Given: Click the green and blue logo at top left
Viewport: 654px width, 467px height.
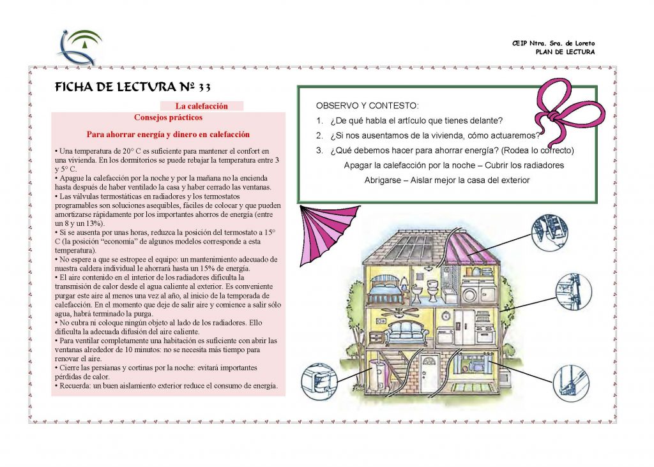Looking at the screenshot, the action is (x=80, y=47).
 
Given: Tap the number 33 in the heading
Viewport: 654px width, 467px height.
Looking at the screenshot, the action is (x=204, y=87).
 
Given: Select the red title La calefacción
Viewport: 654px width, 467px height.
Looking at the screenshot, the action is (x=201, y=107).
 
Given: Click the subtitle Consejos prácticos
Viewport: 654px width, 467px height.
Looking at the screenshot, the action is (x=168, y=117).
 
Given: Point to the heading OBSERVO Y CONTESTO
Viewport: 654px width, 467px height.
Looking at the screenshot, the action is (x=367, y=106).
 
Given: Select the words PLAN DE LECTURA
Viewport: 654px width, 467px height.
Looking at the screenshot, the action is (x=565, y=52).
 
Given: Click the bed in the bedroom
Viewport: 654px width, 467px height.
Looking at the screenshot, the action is (x=386, y=289).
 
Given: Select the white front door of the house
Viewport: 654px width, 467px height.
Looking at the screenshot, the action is (x=427, y=372).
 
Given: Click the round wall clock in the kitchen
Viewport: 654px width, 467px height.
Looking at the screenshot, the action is (x=446, y=316).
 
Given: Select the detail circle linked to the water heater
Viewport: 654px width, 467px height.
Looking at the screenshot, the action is (x=318, y=381).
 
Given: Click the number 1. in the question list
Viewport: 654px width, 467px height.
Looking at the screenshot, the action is (x=319, y=121).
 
